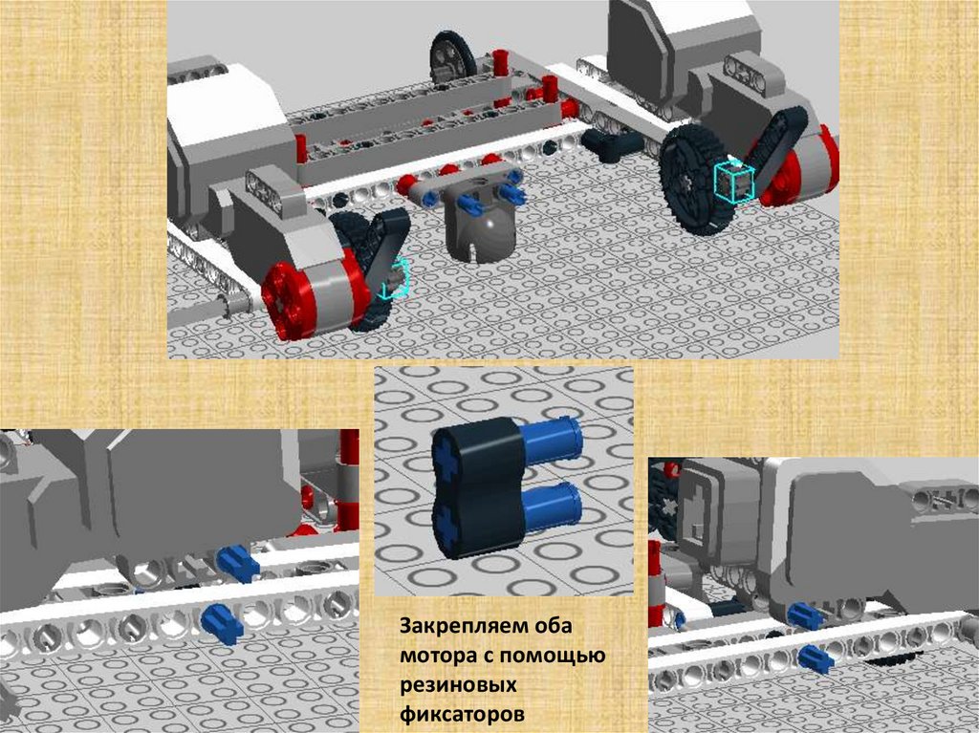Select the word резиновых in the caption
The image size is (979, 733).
458,685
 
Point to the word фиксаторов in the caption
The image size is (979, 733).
462,714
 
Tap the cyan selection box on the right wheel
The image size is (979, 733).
735,182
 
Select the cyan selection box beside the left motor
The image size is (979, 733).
395,279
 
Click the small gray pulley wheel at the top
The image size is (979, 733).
453,55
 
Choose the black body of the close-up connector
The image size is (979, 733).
478,488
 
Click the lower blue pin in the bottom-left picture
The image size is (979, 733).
223,624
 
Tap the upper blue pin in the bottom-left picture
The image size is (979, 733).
238,559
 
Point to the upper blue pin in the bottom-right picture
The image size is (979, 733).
805,615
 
